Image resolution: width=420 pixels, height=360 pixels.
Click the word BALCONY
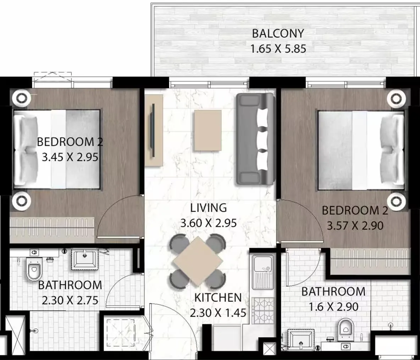[278, 33]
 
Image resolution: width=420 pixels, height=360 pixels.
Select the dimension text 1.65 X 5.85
[278, 49]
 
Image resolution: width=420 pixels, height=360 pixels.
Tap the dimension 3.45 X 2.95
[70, 157]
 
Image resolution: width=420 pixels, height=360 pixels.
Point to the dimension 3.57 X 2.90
[355, 226]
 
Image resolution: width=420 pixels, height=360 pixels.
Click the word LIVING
[208, 208]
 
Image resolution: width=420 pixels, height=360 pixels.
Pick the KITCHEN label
[218, 298]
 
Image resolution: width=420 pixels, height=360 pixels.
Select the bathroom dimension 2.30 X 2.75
[70, 300]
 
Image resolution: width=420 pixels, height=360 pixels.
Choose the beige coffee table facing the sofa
[208, 130]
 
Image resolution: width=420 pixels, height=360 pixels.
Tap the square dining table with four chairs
[198, 261]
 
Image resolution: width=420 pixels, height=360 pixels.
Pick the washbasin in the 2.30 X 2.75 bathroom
[85, 260]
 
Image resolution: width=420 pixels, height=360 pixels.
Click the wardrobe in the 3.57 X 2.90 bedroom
[369, 257]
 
